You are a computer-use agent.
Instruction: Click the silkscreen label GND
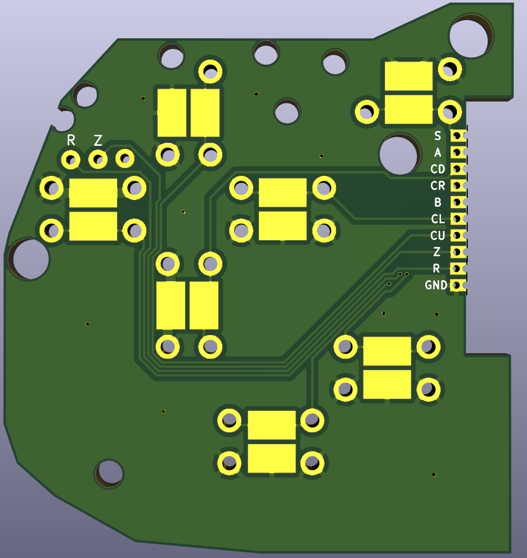[436, 285]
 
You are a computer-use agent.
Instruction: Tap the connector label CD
[438, 169]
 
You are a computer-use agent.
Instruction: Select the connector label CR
[438, 186]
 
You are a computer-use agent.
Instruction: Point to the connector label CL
[438, 219]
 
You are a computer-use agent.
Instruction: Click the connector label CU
[438, 236]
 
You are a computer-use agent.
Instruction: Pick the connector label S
[438, 136]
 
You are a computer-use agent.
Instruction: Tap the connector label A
[438, 153]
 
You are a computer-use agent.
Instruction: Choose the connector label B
[438, 202]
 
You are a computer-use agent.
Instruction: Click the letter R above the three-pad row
[71, 141]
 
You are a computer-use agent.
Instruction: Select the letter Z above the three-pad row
[98, 141]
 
